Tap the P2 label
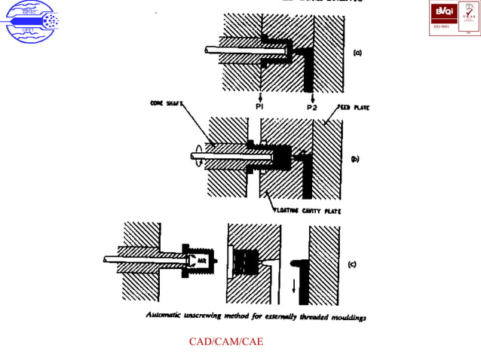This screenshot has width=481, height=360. [x=311, y=108]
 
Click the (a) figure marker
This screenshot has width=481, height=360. [x=357, y=53]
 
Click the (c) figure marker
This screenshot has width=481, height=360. [x=352, y=264]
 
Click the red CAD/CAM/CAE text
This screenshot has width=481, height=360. [x=225, y=341]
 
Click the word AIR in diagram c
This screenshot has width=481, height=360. [x=201, y=260]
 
